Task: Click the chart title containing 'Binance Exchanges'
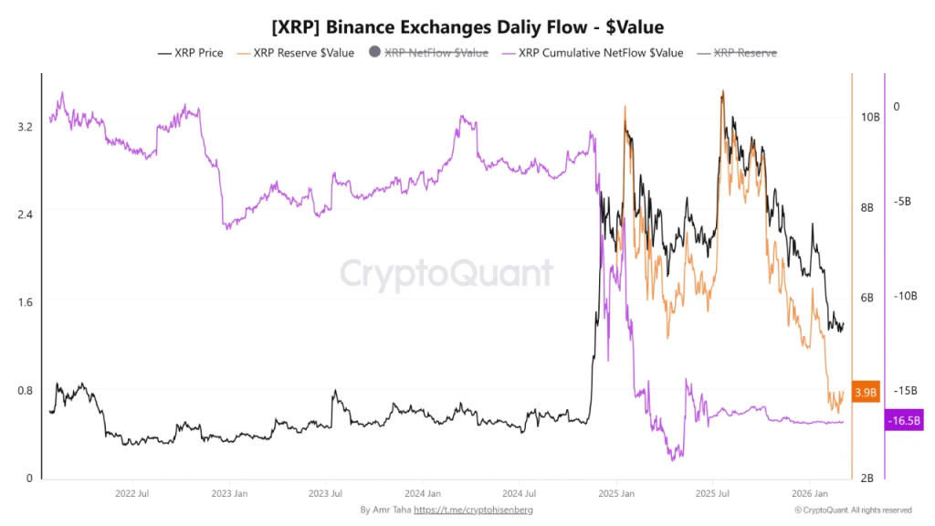(x=467, y=27)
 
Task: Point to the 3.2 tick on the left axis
(x=25, y=126)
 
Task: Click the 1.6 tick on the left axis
(x=25, y=302)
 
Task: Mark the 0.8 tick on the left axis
(x=25, y=391)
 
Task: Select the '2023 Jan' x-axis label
(x=228, y=494)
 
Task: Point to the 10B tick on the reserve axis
(x=869, y=118)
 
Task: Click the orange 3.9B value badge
(x=865, y=392)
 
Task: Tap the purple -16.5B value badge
(x=904, y=420)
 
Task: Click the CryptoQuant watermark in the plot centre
(x=446, y=273)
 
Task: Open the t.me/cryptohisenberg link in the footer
(x=473, y=510)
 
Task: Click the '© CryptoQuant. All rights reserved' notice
(x=852, y=510)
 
